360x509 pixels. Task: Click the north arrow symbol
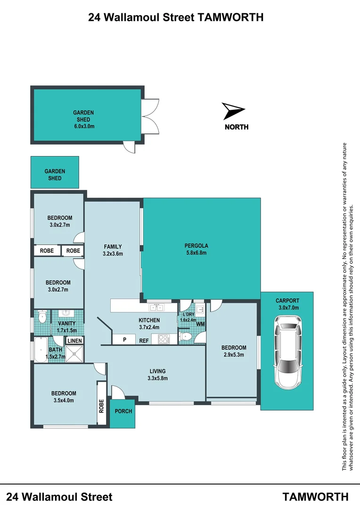[233, 111]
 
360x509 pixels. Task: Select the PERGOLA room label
[196, 246]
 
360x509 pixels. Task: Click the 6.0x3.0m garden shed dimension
[84, 126]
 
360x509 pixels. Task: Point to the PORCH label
[123, 411]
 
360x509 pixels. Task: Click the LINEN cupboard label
[75, 341]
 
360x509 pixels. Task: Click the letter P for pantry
[125, 339]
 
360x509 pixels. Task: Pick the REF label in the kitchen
[144, 339]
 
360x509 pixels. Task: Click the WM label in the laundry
[200, 324]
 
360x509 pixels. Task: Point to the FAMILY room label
[113, 246]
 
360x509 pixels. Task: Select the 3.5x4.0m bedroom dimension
[64, 401]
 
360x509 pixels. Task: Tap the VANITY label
[66, 324]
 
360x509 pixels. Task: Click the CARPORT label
[287, 301]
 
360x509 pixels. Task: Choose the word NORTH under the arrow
[237, 127]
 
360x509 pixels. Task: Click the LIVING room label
[158, 371]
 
